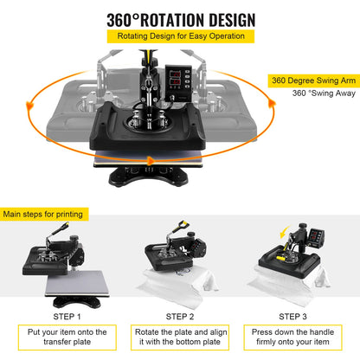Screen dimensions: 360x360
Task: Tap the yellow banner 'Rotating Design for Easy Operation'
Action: pyautogui.click(x=180, y=37)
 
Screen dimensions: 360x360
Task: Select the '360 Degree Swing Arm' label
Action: pyautogui.click(x=312, y=80)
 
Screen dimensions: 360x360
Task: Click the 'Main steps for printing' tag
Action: pyautogui.click(x=43, y=212)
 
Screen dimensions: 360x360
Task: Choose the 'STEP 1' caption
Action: pyautogui.click(x=66, y=316)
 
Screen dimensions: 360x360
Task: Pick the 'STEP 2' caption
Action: pyautogui.click(x=180, y=316)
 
